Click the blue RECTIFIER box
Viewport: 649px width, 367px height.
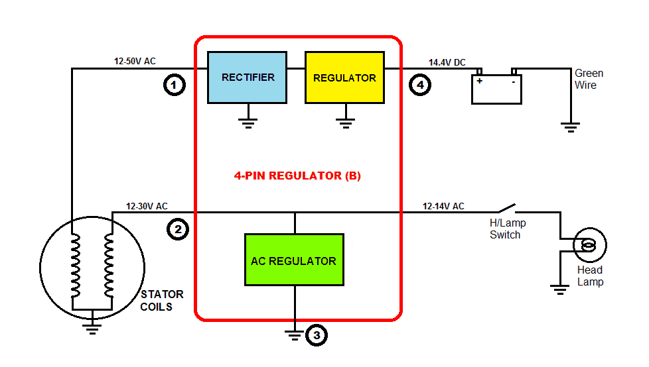248,78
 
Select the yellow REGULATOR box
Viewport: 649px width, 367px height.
344,78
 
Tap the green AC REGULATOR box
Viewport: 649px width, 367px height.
294,260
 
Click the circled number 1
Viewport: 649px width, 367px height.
174,85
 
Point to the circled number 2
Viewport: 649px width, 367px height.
178,230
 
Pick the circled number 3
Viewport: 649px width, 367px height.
317,336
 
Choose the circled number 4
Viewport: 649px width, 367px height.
420,85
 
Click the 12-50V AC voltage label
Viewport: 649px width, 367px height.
135,62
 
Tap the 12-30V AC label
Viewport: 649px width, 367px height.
147,207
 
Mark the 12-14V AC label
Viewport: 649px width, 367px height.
443,207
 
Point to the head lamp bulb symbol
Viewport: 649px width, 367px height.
589,246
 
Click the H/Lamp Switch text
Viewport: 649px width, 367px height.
506,229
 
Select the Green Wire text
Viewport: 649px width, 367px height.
589,79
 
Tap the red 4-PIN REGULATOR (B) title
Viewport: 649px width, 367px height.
297,176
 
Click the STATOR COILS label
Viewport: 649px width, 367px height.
162,300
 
